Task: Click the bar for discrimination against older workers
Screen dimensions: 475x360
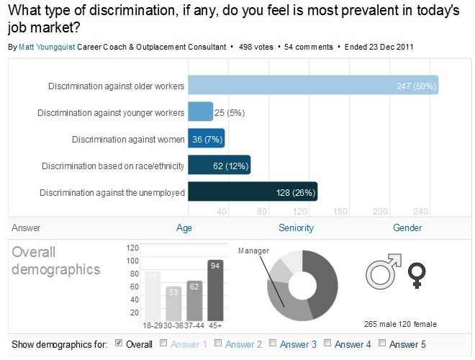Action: point(313,85)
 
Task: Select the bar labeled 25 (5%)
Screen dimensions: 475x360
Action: point(201,112)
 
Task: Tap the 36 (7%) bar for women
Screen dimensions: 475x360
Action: point(207,138)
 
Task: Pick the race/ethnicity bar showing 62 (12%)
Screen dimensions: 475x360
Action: point(220,165)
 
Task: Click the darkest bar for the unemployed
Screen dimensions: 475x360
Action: point(253,192)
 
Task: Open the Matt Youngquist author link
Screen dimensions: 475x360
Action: point(47,47)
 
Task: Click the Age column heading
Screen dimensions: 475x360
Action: point(184,228)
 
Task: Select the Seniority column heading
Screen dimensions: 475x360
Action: point(296,228)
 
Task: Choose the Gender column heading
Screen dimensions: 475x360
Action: point(407,228)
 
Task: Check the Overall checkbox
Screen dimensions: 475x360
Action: point(119,343)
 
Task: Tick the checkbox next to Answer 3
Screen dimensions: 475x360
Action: point(273,343)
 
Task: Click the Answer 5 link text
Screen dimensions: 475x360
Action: point(407,344)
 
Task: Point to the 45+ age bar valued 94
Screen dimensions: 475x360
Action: point(215,290)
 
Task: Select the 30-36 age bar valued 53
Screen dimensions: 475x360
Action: point(173,304)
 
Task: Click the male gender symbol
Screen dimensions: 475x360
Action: point(384,271)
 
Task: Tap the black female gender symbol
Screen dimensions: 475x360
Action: point(417,275)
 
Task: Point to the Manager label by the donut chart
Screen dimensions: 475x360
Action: point(253,251)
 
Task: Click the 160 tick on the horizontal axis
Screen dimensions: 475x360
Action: point(340,211)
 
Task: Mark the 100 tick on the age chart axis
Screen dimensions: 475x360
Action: point(132,261)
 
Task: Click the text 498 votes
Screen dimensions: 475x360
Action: point(256,47)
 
